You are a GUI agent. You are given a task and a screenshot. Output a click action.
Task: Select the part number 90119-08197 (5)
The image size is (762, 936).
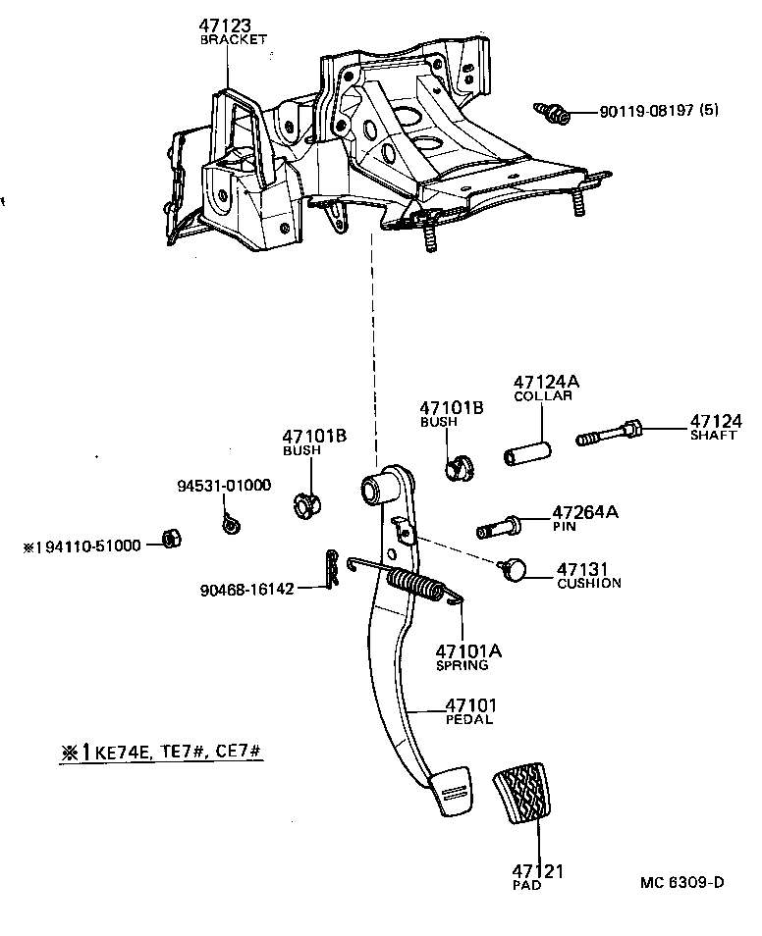point(658,111)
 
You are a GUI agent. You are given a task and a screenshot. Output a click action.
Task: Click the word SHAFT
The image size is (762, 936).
point(712,436)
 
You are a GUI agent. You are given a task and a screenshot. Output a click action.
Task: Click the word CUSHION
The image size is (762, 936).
point(589,583)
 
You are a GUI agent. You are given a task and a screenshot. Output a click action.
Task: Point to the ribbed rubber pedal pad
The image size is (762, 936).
point(528,792)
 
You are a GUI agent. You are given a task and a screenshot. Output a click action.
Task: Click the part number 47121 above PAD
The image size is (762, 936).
point(537,870)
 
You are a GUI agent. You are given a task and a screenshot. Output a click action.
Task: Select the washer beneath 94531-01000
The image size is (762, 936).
point(231,524)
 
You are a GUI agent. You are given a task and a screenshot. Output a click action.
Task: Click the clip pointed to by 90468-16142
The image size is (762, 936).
point(333,571)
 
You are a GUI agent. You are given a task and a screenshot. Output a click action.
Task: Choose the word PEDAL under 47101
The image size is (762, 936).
point(469,719)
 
